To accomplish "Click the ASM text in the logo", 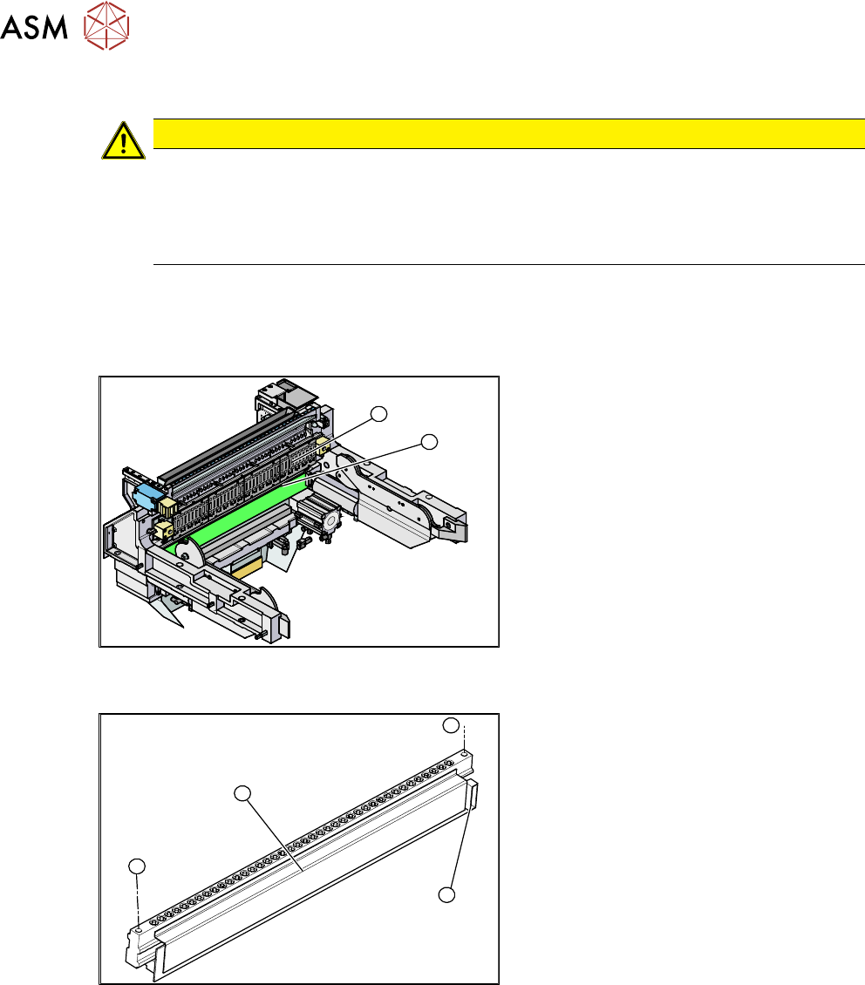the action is coord(34,27).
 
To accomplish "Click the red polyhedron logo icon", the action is coord(106,26).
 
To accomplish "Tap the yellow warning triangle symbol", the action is coord(124,140).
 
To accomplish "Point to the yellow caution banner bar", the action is coord(509,133).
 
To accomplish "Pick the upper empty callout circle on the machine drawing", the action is coord(378,414).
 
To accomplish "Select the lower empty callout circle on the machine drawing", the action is coord(429,442).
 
